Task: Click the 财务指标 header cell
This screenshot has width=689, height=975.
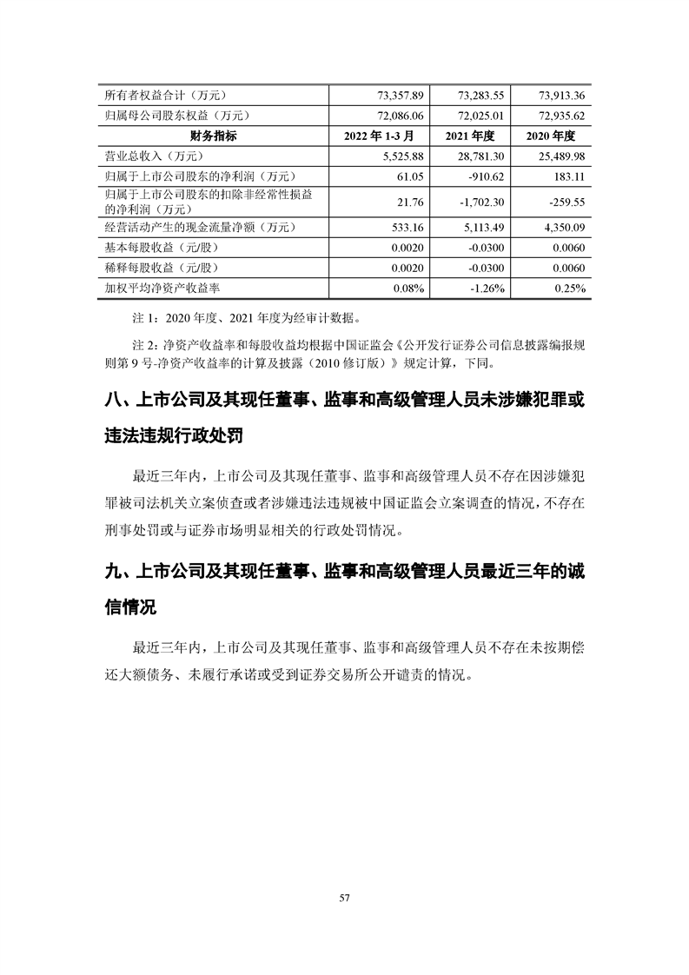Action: click(x=213, y=136)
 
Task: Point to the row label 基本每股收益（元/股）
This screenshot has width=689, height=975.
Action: click(x=160, y=248)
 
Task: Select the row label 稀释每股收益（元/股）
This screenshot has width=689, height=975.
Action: click(x=160, y=268)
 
